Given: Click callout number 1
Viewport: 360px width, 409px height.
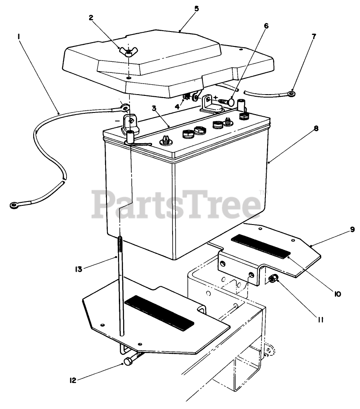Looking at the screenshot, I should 19,37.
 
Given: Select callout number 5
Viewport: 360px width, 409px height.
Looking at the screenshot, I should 196,8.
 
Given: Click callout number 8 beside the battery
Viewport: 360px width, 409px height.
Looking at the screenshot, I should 316,128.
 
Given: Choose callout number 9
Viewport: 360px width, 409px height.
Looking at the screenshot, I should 352,229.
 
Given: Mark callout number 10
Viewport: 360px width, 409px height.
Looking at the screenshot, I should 337,294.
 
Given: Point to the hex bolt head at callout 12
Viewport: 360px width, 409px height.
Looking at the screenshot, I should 127,363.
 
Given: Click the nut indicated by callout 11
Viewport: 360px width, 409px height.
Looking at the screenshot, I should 274,279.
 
